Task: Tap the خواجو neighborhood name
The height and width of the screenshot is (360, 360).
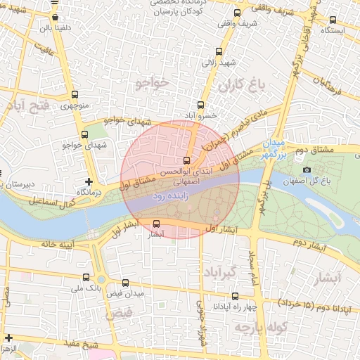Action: pyautogui.click(x=153, y=84)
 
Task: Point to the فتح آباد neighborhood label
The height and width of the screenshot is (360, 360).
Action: pyautogui.click(x=27, y=107)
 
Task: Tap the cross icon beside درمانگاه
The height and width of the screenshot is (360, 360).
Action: pyautogui.click(x=89, y=182)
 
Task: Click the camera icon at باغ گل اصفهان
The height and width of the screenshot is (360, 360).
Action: pyautogui.click(x=306, y=169)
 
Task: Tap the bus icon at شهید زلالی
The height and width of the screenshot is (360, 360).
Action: pyautogui.click(x=219, y=51)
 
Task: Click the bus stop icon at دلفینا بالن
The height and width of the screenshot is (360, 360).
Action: pyautogui.click(x=56, y=18)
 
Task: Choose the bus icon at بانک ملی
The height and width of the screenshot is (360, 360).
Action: pyautogui.click(x=86, y=277)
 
